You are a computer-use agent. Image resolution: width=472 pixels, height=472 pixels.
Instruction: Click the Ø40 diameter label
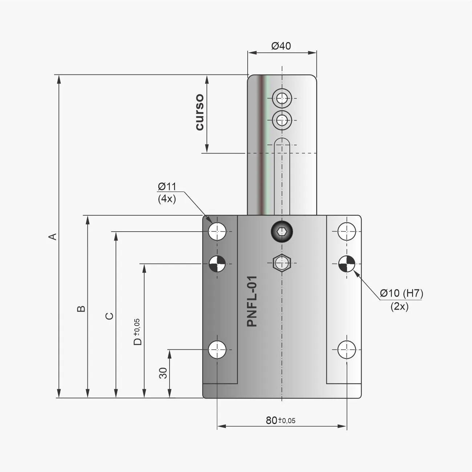click(281, 46)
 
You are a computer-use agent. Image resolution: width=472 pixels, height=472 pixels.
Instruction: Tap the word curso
click(200, 112)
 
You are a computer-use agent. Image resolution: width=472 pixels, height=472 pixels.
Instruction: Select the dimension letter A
click(53, 237)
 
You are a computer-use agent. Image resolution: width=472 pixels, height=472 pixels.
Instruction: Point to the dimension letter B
click(81, 309)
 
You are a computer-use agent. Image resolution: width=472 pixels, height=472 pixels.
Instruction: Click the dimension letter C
click(110, 316)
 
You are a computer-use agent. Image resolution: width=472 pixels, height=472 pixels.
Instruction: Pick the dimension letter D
click(138, 341)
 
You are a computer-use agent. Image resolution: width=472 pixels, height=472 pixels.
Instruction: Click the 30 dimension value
click(163, 373)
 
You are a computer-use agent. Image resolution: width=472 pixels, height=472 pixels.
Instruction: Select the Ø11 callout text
click(167, 187)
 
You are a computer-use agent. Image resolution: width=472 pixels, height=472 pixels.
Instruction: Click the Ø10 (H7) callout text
click(402, 293)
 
